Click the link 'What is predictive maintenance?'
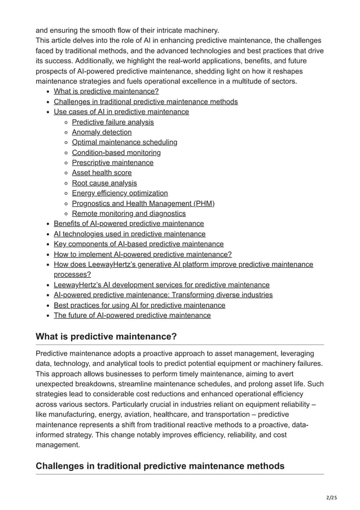tap(106, 91)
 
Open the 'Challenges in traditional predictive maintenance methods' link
tap(146, 102)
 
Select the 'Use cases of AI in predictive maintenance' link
tap(121, 112)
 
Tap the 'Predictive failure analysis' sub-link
tap(113, 122)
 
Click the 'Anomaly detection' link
tap(102, 132)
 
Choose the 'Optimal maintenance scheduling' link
tap(125, 142)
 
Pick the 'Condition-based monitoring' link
tap(116, 152)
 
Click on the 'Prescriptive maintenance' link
tap(112, 163)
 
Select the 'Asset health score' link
tap(102, 173)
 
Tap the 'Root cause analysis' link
tap(104, 183)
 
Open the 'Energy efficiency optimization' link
tap(120, 193)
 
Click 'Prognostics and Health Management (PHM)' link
tap(143, 203)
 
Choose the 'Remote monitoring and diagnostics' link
tap(129, 213)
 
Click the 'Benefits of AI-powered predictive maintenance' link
tap(129, 224)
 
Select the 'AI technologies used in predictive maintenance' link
tap(129, 234)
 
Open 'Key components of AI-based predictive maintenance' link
tap(138, 244)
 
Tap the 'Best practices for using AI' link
tap(139, 305)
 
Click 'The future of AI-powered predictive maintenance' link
tap(132, 315)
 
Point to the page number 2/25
tap(341, 497)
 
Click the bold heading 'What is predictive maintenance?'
tap(106, 337)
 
